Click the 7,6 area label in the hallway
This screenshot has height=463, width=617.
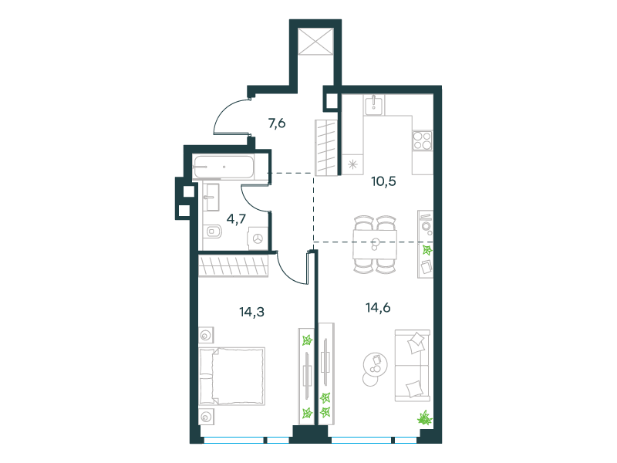[x=277, y=123]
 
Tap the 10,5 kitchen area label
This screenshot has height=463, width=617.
[x=383, y=181]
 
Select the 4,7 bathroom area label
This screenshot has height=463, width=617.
[x=236, y=218]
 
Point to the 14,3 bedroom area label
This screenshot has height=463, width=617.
[x=251, y=312]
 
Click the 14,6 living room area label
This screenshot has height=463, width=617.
[x=378, y=307]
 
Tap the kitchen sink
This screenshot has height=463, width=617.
[x=373, y=105]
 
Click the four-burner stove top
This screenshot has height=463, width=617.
[x=422, y=140]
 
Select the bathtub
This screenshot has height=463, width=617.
[x=223, y=167]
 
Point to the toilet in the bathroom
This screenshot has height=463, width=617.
[x=214, y=231]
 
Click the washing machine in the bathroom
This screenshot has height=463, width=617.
[x=258, y=238]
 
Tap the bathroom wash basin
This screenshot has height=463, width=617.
[x=211, y=197]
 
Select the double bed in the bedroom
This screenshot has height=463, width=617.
[x=232, y=376]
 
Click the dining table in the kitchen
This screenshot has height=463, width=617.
[x=375, y=245]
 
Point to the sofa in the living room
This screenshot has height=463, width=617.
[x=412, y=366]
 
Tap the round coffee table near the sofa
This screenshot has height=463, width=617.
[x=376, y=365]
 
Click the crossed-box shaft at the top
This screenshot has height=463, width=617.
[x=316, y=42]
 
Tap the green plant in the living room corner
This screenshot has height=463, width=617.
[x=425, y=417]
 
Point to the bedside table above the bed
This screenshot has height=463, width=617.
[x=206, y=336]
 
